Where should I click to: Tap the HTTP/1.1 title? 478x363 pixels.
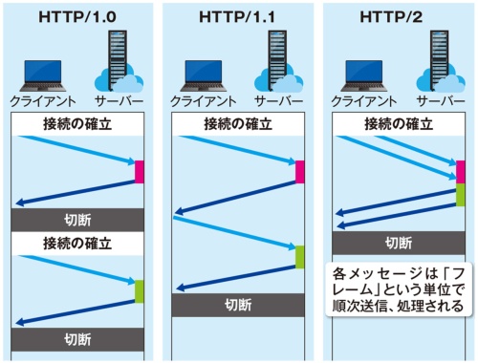(x=237, y=15)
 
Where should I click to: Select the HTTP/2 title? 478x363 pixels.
(x=398, y=15)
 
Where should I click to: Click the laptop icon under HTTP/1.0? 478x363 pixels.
(x=44, y=73)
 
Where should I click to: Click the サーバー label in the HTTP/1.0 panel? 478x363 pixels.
(x=119, y=101)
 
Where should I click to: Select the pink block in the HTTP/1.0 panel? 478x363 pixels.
(x=140, y=172)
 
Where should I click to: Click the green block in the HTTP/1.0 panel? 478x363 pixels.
(x=140, y=290)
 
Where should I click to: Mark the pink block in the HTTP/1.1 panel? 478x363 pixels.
(x=300, y=172)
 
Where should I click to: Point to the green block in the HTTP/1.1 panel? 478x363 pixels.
(x=300, y=257)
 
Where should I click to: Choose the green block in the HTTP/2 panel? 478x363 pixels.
(x=461, y=195)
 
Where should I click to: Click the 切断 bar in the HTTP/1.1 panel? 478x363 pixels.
(x=238, y=306)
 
